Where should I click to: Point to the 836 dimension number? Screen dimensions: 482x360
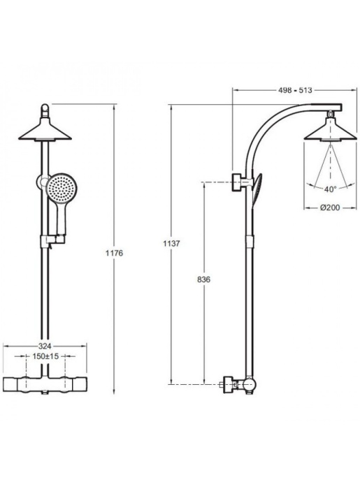click(x=205, y=279)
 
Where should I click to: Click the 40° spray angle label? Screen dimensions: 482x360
click(x=329, y=189)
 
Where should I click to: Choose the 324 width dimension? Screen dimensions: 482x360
click(x=45, y=345)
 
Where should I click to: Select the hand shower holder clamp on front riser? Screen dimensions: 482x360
click(x=46, y=241)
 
